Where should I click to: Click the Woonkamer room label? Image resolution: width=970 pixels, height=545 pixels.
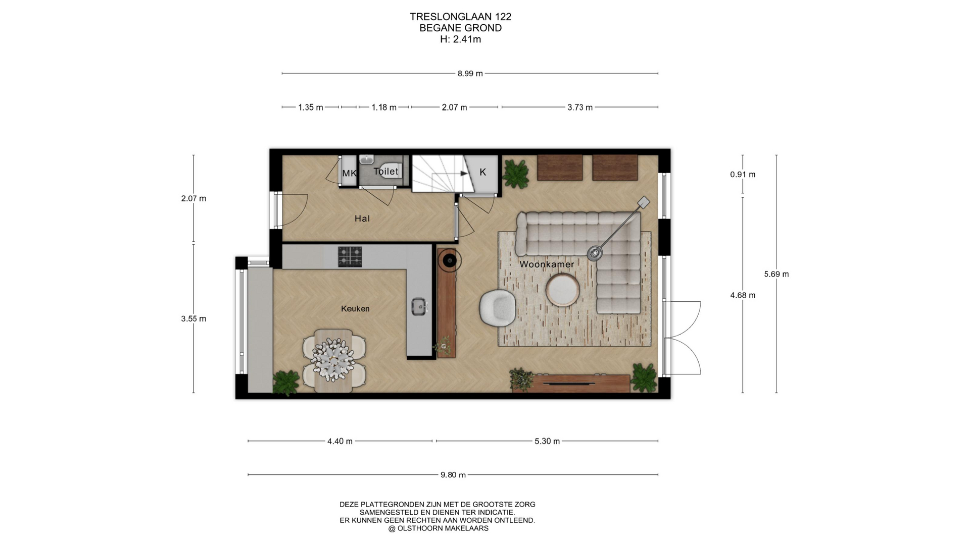coord(547,264)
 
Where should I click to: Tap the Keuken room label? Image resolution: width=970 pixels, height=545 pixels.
coord(355,309)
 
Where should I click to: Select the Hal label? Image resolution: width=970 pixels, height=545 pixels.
coord(362,219)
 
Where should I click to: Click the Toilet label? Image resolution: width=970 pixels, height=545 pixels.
coord(386,171)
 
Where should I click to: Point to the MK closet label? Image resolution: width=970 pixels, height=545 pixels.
coord(350,174)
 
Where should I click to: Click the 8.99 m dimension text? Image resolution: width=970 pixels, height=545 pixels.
coord(470,74)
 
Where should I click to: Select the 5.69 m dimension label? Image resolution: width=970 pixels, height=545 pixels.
coord(777,275)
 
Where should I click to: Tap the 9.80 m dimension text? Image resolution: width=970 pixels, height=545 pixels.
coord(453,475)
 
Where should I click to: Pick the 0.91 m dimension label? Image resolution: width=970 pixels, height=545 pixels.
coord(743,175)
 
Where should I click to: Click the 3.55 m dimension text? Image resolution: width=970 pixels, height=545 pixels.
coord(193,319)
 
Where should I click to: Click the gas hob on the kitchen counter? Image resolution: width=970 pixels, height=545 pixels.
coord(350,256)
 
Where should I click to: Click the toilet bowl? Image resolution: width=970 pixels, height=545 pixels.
coord(388,170)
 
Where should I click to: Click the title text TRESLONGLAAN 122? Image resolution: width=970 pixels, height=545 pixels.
coord(461,17)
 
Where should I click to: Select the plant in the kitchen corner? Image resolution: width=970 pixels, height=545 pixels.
coord(286,383)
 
